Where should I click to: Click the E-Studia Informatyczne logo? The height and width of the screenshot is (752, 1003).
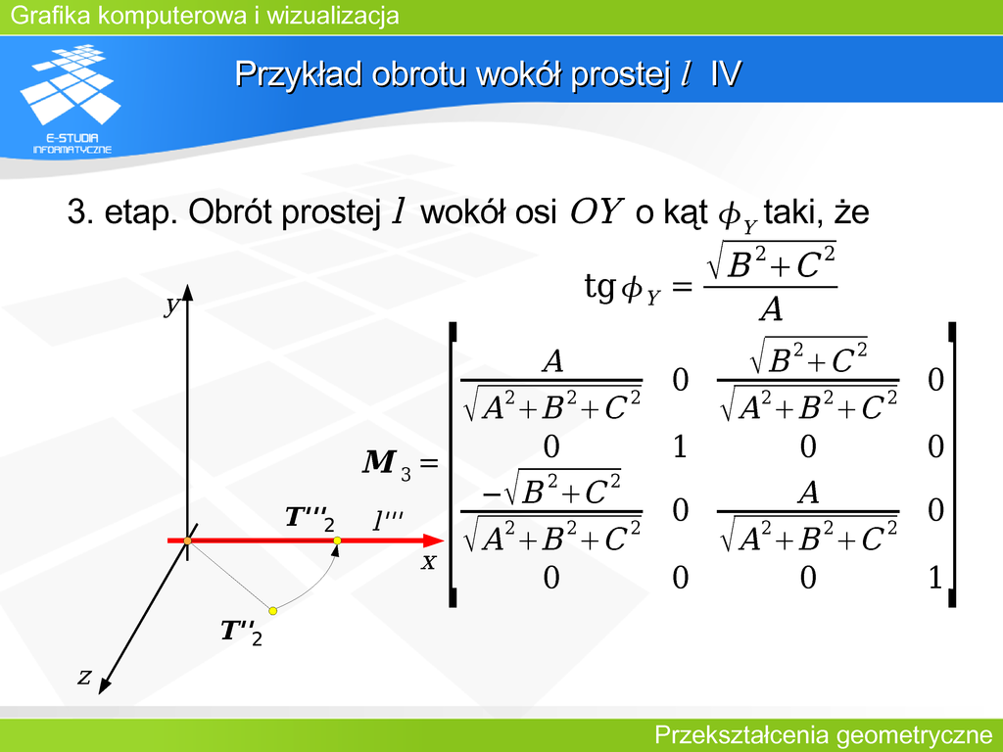tap(72, 99)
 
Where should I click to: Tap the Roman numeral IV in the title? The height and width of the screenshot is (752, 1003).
tap(725, 73)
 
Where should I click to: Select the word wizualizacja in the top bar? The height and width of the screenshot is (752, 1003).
tap(333, 16)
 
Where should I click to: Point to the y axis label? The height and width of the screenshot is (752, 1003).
tap(170, 305)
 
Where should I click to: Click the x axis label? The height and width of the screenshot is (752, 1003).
tap(429, 562)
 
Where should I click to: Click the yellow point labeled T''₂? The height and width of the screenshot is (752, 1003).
tap(273, 611)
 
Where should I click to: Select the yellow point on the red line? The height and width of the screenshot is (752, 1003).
tap(337, 540)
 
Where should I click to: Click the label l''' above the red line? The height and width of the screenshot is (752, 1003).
tap(388, 521)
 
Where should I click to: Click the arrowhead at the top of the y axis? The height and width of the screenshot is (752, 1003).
tap(187, 292)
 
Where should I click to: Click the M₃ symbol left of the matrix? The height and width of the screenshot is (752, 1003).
tap(386, 463)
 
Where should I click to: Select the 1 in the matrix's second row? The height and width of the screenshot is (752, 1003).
tap(680, 446)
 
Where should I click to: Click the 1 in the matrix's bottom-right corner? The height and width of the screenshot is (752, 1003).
tap(935, 578)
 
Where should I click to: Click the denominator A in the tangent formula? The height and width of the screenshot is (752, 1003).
tap(771, 310)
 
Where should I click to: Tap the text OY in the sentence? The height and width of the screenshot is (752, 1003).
tap(597, 211)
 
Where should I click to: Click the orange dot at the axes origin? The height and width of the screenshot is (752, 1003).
tap(187, 540)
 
